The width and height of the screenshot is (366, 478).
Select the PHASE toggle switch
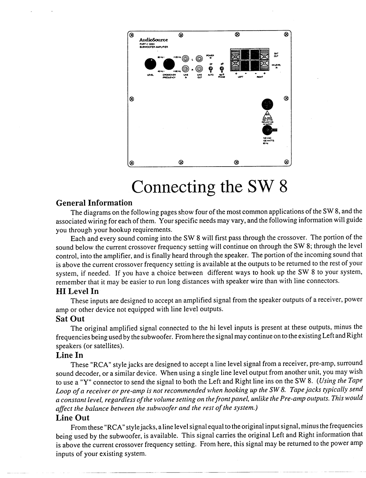point(222,70)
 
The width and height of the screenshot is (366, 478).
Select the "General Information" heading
point(94,203)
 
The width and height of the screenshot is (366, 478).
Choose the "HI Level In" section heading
point(77,291)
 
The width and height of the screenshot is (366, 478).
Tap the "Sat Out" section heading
point(70,319)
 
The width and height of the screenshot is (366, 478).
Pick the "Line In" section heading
point(69,355)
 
